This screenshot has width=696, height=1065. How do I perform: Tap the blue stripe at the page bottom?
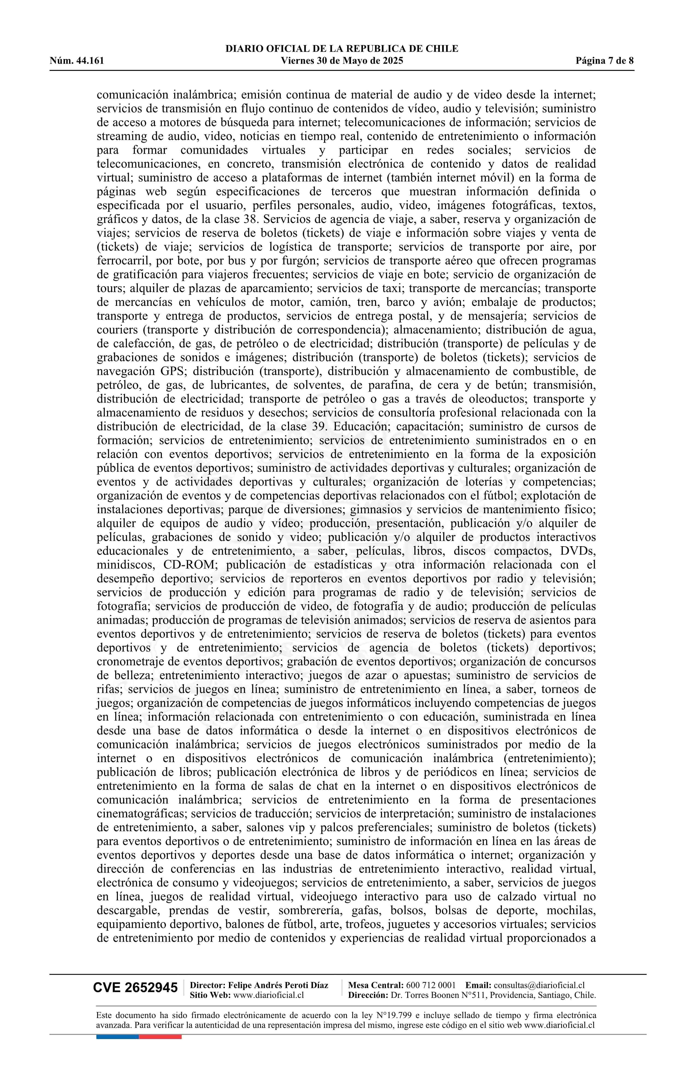117,1036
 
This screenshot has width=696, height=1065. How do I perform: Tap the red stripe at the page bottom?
160,1036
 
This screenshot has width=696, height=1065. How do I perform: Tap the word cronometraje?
130,662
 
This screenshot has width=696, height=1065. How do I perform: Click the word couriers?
117,330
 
